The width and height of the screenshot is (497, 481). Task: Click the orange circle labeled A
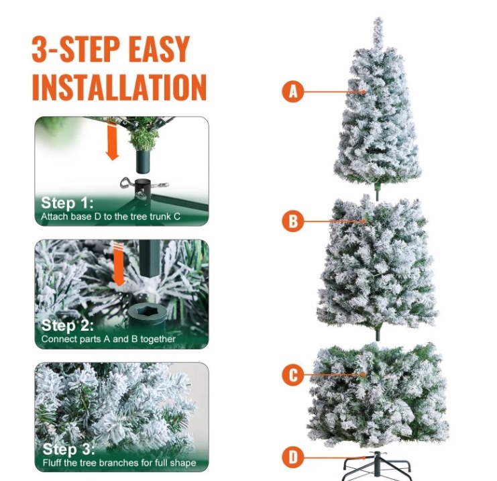pyautogui.click(x=293, y=92)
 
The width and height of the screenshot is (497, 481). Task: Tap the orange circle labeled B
pyautogui.click(x=293, y=221)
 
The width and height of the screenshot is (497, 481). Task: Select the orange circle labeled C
pyautogui.click(x=293, y=375)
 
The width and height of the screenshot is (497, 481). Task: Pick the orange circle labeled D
pyautogui.click(x=293, y=458)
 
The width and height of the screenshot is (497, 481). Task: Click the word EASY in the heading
pyautogui.click(x=159, y=49)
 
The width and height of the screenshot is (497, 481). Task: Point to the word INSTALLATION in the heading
pyautogui.click(x=119, y=87)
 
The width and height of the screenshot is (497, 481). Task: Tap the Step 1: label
pyautogui.click(x=68, y=203)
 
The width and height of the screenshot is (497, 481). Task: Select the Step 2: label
pyautogui.click(x=68, y=325)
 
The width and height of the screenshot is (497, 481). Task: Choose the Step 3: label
pyautogui.click(x=68, y=449)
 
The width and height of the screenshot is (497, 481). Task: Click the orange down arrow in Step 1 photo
pyautogui.click(x=112, y=142)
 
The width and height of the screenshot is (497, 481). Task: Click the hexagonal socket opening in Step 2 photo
pyautogui.click(x=147, y=313)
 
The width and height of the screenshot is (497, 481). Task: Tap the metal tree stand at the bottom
pyautogui.click(x=377, y=466)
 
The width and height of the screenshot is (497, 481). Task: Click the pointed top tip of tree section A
pyautogui.click(x=378, y=19)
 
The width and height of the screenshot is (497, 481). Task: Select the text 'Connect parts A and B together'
pyautogui.click(x=108, y=339)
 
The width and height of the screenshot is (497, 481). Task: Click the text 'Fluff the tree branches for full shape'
pyautogui.click(x=119, y=463)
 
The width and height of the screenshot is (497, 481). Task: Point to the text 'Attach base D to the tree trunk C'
pyautogui.click(x=111, y=217)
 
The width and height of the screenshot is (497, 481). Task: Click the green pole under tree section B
pyautogui.click(x=377, y=335)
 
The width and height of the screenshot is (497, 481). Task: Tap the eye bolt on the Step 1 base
pyautogui.click(x=127, y=183)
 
